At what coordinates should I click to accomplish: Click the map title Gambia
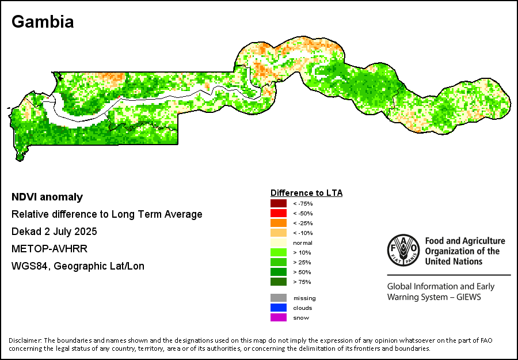[x=43, y=22]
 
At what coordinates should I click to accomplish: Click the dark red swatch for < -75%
[x=279, y=203]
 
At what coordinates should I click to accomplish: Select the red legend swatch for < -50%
[x=279, y=213]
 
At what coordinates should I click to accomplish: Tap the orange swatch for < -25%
[x=279, y=223]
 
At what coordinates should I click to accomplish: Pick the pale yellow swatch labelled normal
[x=279, y=242]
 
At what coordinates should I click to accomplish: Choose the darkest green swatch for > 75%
[x=279, y=282]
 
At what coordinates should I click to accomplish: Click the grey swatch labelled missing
[x=279, y=298]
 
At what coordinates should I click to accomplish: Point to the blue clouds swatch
[x=279, y=308]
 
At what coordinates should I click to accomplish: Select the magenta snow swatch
[x=279, y=317]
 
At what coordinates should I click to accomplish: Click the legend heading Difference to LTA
[x=306, y=193]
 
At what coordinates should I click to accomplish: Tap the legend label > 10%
[x=302, y=252]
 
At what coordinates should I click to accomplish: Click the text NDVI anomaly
[x=47, y=197]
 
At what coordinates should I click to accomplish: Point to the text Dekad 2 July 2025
[x=54, y=232]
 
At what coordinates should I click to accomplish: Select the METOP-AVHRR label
[x=45, y=249]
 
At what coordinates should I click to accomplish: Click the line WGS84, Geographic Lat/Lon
[x=78, y=266]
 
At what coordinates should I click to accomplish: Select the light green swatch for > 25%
[x=279, y=262]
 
